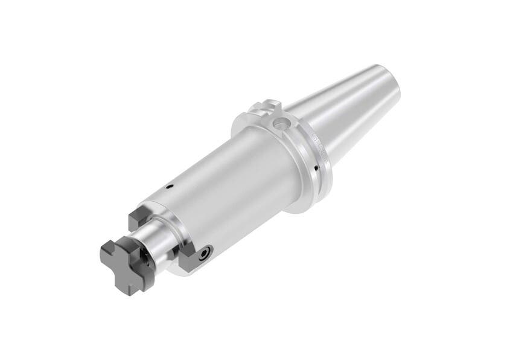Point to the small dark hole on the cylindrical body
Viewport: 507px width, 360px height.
[170, 187]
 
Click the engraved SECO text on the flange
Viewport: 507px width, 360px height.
[319, 143]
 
